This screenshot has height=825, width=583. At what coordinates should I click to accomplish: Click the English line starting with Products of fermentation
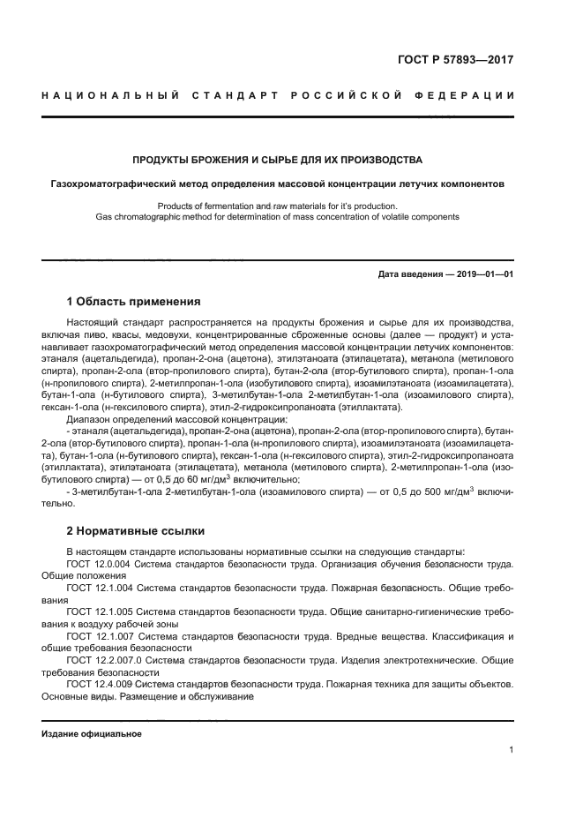coord(277,206)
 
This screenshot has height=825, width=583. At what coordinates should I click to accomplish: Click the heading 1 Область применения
coord(134,302)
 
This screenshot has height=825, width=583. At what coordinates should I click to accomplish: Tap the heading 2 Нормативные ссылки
coord(136,531)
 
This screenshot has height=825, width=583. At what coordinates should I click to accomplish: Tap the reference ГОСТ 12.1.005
coord(98,611)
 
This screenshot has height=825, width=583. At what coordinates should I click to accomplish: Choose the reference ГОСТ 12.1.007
coord(98,635)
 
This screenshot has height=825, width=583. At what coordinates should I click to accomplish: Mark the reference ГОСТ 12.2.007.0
coord(102,660)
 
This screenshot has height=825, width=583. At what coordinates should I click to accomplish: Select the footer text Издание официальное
coord(91,734)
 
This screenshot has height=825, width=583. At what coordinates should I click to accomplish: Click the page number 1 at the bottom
coord(511,750)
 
